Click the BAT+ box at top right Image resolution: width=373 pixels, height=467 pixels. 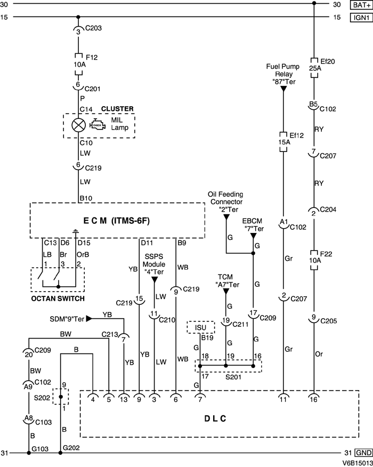click(361, 5)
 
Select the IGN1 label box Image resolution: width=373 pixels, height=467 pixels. click(361, 17)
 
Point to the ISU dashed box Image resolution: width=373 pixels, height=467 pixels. click(200, 327)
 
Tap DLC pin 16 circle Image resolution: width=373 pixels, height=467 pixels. click(314, 397)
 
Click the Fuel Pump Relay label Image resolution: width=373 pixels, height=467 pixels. click(283, 74)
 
